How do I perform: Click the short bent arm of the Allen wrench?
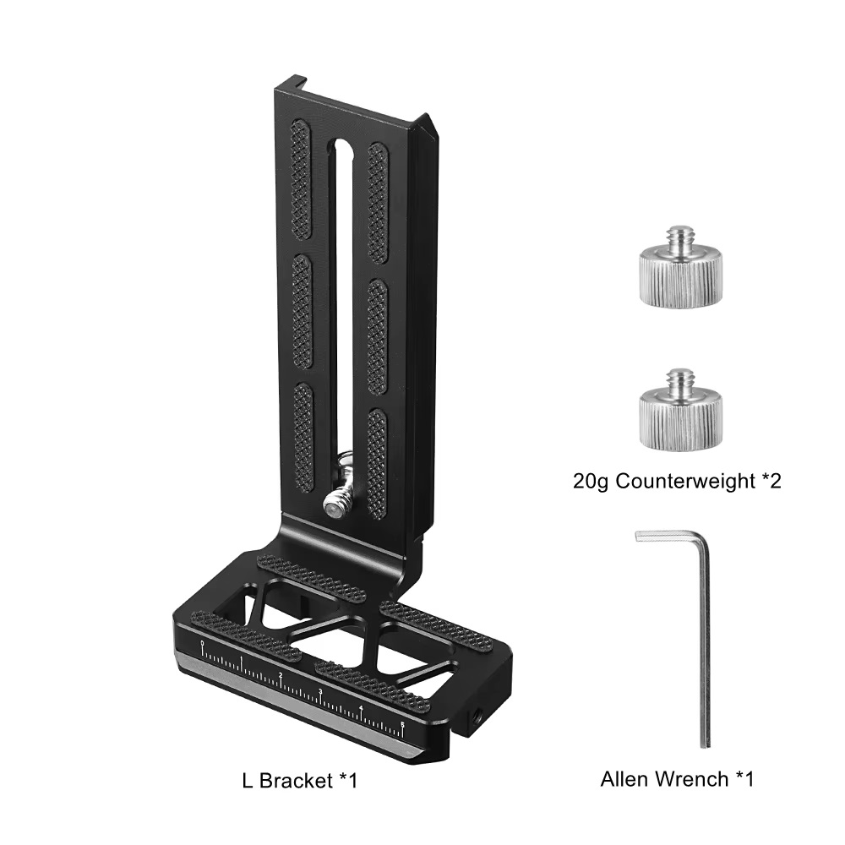[668, 537]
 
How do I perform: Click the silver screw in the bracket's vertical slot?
[336, 504]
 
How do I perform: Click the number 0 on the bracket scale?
[203, 646]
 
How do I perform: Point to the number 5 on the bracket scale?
[403, 723]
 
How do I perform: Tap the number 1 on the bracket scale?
[242, 660]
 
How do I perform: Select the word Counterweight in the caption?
[684, 482]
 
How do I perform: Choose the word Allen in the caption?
[625, 778]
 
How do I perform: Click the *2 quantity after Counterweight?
[770, 482]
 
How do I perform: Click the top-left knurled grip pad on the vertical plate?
[301, 179]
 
